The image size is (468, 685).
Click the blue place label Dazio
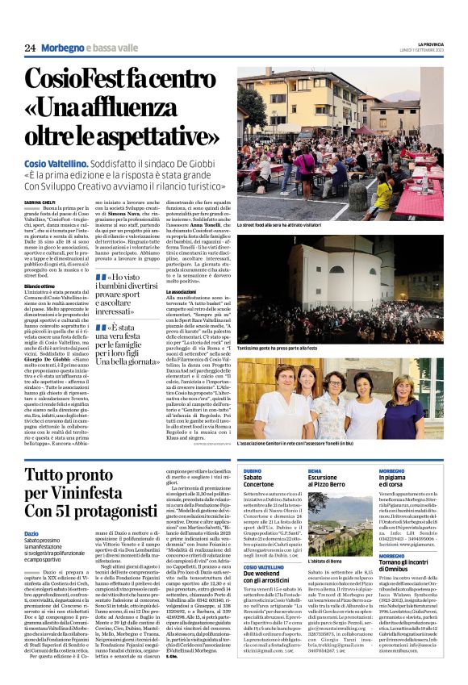tap(31, 533)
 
